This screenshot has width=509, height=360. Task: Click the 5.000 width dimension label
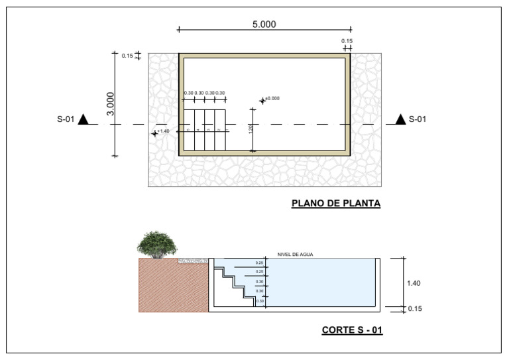(x=264, y=25)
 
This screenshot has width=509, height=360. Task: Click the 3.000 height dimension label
(x=111, y=103)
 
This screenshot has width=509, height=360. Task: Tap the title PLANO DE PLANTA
(x=336, y=204)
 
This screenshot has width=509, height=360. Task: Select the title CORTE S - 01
(x=352, y=330)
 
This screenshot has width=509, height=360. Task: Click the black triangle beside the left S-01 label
(x=83, y=119)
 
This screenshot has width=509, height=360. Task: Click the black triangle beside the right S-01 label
(x=400, y=119)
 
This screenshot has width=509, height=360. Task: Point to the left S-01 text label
(x=65, y=120)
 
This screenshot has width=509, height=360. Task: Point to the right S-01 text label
(x=418, y=120)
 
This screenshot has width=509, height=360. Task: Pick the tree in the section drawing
(x=157, y=244)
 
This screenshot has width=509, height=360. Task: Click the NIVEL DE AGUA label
(x=294, y=255)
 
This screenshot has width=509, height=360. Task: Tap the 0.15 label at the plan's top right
(x=347, y=41)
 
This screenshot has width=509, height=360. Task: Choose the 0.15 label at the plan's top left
(x=127, y=56)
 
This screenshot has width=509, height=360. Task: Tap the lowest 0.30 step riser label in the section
(x=260, y=302)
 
